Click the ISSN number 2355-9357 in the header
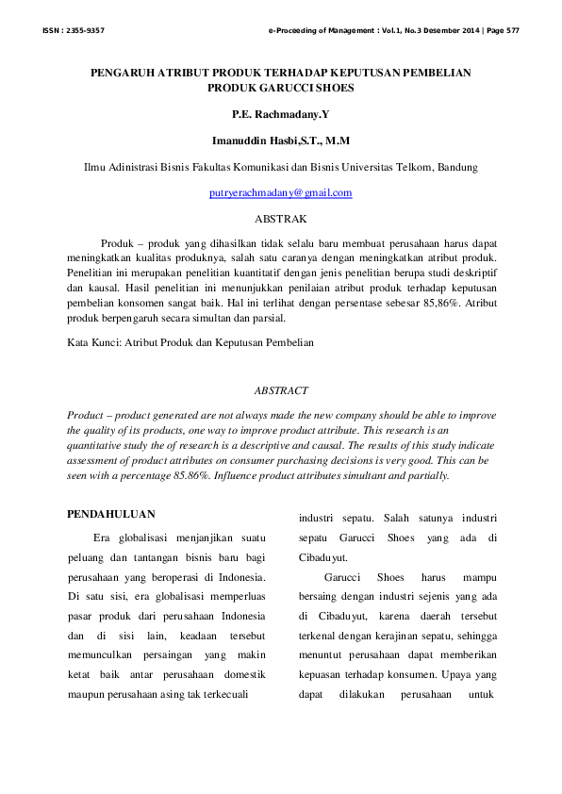point(83,31)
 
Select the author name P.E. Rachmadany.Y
point(281,114)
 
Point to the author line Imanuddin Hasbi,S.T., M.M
point(281,141)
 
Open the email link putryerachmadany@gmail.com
point(281,192)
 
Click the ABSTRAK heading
point(281,218)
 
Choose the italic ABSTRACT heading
point(281,389)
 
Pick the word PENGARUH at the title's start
point(123,73)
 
